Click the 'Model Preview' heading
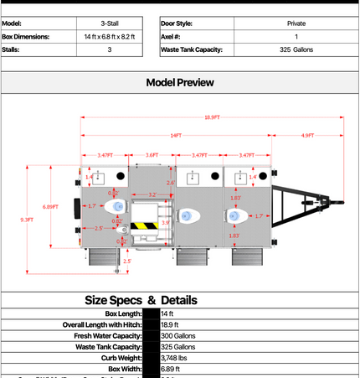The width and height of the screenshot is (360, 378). click(179, 82)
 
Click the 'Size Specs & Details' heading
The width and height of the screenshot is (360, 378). click(141, 299)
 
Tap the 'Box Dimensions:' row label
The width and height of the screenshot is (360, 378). click(26, 37)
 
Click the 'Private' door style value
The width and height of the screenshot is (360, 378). click(296, 23)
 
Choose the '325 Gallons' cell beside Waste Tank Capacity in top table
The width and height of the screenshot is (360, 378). click(296, 50)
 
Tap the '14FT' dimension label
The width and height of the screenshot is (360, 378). click(176, 135)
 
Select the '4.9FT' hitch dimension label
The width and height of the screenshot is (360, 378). click(307, 135)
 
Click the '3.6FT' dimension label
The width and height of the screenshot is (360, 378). click(152, 155)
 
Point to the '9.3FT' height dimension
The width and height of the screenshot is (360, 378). click(27, 220)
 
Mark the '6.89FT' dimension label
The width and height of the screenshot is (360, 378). click(50, 206)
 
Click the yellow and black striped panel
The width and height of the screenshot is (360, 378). click(143, 226)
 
